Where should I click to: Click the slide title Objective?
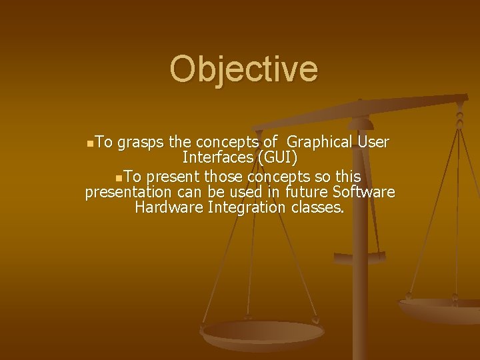pos(244,69)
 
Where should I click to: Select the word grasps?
pos(141,143)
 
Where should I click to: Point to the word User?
pos(373,143)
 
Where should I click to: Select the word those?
pos(223,177)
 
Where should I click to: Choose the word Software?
pos(366,193)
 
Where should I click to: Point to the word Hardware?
pos(168,208)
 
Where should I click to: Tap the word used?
pos(247,193)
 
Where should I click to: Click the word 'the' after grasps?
pos(179,143)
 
